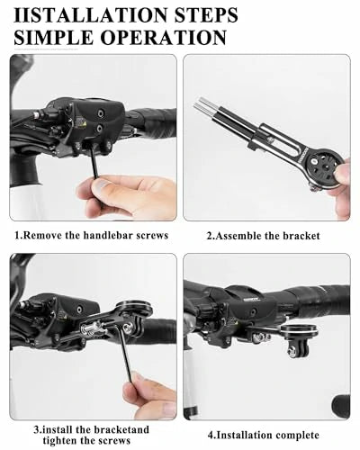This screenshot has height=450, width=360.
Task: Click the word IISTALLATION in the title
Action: [x=91, y=15]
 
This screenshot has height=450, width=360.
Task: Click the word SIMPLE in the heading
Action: [x=54, y=38]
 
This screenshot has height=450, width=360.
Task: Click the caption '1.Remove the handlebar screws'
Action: [x=92, y=235]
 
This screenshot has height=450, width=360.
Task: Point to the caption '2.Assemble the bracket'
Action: [x=264, y=236]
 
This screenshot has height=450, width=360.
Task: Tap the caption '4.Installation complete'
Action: [x=264, y=435]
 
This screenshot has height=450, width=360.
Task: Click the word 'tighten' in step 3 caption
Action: [x=60, y=440]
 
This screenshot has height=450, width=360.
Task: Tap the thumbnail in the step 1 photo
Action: [x=102, y=186]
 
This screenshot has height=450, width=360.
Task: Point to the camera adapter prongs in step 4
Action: [x=293, y=350]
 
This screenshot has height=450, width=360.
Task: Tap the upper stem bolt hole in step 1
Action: [x=99, y=113]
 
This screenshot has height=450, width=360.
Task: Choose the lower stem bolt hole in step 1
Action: [x=99, y=128]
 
